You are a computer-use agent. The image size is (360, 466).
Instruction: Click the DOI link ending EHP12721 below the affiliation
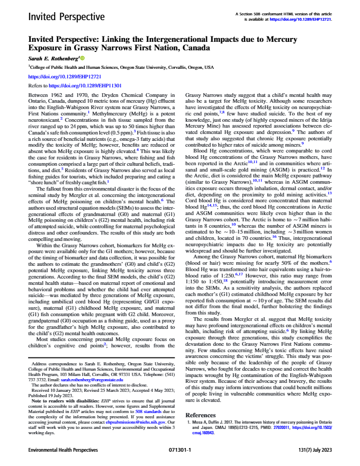[x=53, y=76]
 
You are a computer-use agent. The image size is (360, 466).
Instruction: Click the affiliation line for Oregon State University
[x=114, y=68]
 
